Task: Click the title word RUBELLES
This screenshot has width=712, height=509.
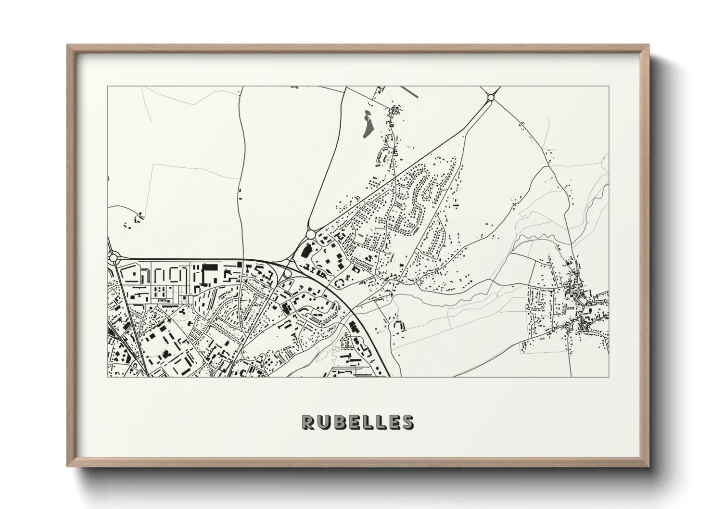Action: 357,422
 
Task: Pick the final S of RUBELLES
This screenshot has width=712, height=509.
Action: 407,422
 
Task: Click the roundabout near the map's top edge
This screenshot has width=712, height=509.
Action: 490,98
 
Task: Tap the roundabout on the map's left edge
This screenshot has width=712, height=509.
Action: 114,258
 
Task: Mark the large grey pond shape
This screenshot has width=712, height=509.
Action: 367,125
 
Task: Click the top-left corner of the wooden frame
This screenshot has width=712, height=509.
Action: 68,45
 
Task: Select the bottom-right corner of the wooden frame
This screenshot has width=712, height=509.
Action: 649,466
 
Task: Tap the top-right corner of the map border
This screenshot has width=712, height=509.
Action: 609,87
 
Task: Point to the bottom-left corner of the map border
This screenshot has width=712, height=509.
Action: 107,377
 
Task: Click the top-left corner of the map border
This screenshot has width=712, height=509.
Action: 107,87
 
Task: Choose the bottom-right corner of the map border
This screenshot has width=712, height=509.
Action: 609,377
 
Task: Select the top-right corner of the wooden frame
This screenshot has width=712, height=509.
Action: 649,45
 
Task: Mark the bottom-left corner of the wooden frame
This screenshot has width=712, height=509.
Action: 68,466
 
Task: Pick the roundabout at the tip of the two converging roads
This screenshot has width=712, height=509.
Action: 310,234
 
